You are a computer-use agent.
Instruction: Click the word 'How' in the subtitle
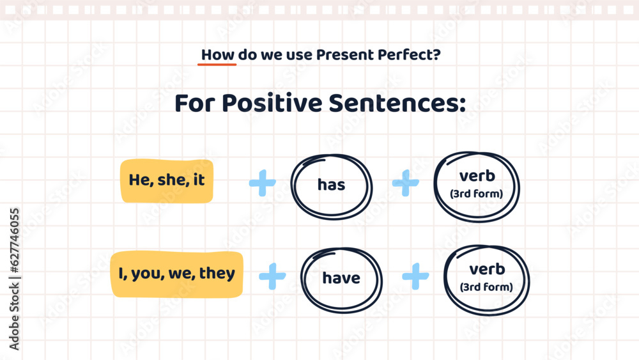click(217, 55)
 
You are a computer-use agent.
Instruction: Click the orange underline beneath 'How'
click(217, 65)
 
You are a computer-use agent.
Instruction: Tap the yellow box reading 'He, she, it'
click(167, 181)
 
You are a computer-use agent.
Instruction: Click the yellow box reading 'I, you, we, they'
click(177, 274)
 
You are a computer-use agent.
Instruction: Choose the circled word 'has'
click(331, 185)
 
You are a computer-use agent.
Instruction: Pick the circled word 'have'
click(341, 279)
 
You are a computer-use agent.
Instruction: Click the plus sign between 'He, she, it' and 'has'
click(262, 184)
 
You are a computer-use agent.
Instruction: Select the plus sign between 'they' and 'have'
click(272, 276)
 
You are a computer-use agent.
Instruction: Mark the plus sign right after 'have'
click(415, 276)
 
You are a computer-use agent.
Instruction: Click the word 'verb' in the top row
click(477, 176)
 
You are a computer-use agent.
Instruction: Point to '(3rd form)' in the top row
click(477, 194)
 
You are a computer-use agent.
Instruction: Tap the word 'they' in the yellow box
click(217, 274)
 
